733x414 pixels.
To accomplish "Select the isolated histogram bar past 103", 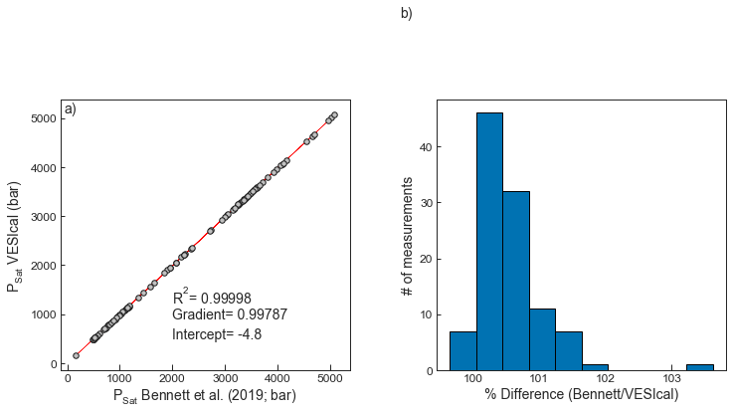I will pos(699,367).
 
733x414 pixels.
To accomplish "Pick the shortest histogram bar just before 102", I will pos(595,367).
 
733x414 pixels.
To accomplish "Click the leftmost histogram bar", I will pos(462,350).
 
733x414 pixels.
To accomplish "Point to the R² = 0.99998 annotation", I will pos(212,297).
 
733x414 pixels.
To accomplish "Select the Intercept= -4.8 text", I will pos(217,334).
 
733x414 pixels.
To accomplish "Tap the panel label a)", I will pos(70,109).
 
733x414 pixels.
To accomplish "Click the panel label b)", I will pos(406,13).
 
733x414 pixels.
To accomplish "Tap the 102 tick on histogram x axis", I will pos(604,379).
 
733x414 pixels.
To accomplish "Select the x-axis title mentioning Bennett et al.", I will pos(204,396).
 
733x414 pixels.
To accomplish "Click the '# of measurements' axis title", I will pos(407,236).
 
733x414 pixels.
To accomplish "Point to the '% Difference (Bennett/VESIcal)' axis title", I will pos(581,395).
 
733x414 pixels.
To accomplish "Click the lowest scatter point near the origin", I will pos(77,355).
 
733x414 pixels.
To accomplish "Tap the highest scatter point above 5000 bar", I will pos(334,115).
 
